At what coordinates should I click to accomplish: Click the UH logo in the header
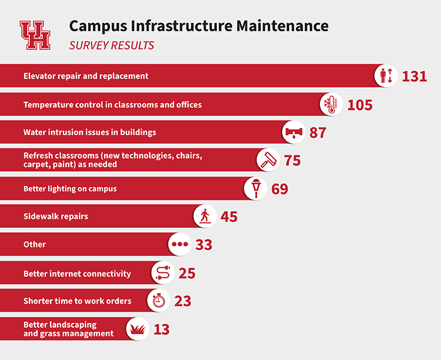[x=35, y=35]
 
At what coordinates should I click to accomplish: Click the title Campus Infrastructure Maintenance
[x=199, y=26]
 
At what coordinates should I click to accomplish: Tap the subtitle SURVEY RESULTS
[x=112, y=45]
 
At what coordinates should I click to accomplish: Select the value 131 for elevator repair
[x=415, y=76]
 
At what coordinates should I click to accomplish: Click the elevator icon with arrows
[x=386, y=76]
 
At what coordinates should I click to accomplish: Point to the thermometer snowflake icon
[x=332, y=105]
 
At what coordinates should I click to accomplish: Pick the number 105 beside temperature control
[x=360, y=105]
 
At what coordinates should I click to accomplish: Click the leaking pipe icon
[x=294, y=132]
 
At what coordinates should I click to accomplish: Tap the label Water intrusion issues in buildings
[x=90, y=132]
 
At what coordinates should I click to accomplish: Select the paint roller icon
[x=269, y=160]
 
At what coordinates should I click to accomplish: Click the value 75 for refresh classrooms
[x=292, y=161]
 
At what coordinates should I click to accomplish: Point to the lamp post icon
[x=256, y=188]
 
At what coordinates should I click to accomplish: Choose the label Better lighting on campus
[x=70, y=189]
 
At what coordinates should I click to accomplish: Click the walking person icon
[x=205, y=216]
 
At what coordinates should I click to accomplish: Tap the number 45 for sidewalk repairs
[x=229, y=216]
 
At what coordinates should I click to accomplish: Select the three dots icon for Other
[x=179, y=244]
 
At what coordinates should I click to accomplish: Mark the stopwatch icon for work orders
[x=158, y=301]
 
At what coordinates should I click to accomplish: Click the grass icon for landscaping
[x=138, y=328]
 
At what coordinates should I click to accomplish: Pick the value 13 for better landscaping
[x=161, y=329]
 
